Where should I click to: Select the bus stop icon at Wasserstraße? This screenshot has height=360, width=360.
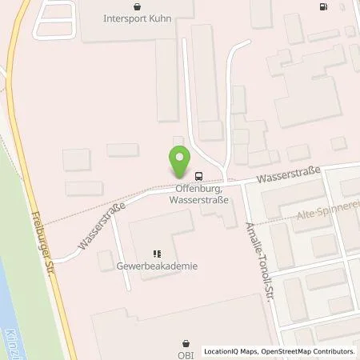tap(198, 176)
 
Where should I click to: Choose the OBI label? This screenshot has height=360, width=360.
tap(186, 354)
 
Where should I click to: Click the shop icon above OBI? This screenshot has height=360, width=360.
tap(186, 342)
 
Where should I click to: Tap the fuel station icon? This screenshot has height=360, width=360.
tap(324, 8)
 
